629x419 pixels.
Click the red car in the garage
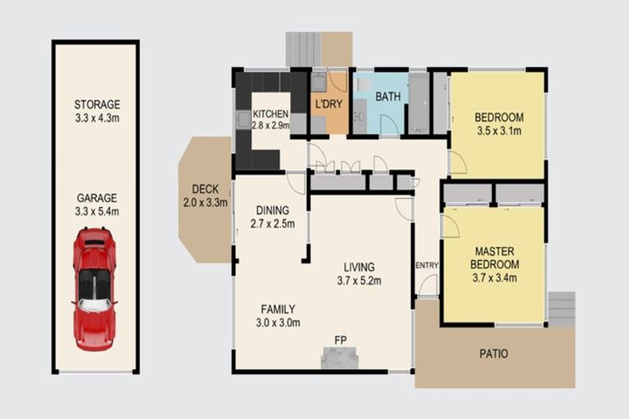[95, 288]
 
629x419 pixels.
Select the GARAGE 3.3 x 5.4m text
[97, 205]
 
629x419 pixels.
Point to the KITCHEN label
[269, 114]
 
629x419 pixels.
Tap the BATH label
[387, 97]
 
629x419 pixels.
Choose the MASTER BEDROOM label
[494, 259]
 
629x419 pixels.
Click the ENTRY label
[427, 265]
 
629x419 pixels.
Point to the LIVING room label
[359, 267]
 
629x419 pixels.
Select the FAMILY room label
[278, 309]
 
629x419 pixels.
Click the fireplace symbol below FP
[339, 358]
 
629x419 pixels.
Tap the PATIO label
[493, 354]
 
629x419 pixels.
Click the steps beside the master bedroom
[562, 309]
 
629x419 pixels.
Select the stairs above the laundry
[304, 50]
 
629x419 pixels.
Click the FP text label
[339, 338]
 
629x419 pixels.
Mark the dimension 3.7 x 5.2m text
[359, 281]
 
